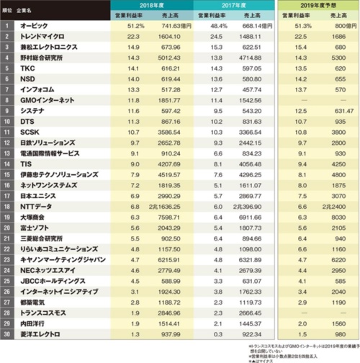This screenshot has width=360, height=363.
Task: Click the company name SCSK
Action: pyautogui.click(x=31, y=135)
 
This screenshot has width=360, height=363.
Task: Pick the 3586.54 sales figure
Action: pyautogui.click(x=176, y=135)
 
